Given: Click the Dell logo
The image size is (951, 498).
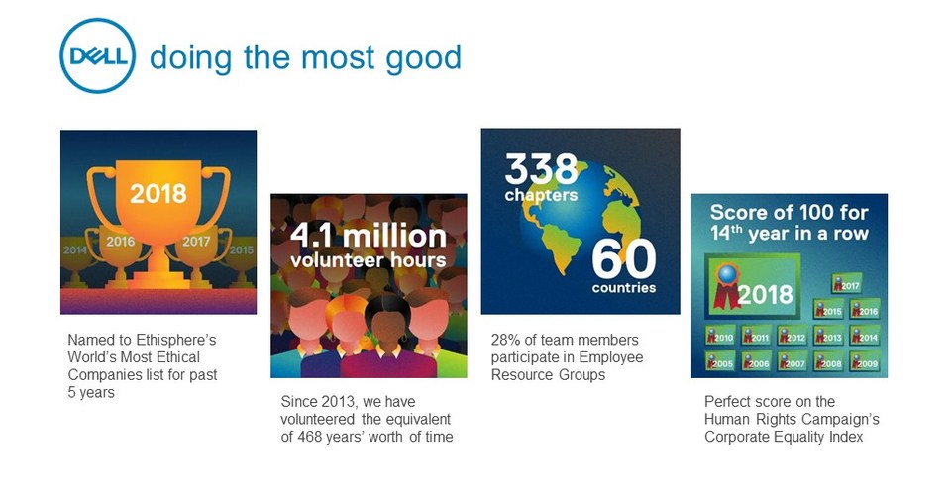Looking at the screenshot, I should point(97,56).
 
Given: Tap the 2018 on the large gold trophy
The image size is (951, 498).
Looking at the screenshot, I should point(158,192).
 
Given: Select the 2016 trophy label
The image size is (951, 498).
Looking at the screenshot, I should point(120,241).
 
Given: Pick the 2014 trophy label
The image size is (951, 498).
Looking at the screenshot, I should point(75,249).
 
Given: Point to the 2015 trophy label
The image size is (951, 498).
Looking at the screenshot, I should point(242,249).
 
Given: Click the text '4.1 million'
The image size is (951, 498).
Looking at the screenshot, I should point(368,236).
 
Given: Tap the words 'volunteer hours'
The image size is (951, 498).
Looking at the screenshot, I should point(368,261).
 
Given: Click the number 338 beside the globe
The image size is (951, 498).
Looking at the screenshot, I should point(541,169).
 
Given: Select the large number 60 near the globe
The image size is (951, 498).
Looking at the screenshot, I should point(624,259).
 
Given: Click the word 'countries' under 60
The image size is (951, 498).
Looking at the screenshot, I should point(624,288).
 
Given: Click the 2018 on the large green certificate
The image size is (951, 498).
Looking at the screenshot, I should point(765,293).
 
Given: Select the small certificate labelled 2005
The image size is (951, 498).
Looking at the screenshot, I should point(720,362).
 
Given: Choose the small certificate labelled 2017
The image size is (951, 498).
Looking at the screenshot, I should point(846,285).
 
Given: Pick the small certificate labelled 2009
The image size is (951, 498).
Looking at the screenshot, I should point(864,362).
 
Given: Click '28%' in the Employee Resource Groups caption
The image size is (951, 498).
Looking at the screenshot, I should point(506,340).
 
